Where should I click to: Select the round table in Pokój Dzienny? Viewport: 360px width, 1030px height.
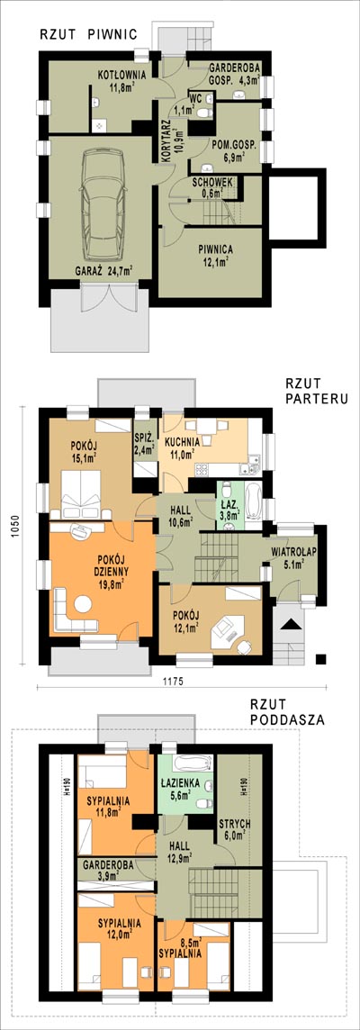pos(83,602)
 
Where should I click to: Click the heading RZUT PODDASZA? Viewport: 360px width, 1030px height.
pos(287,713)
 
